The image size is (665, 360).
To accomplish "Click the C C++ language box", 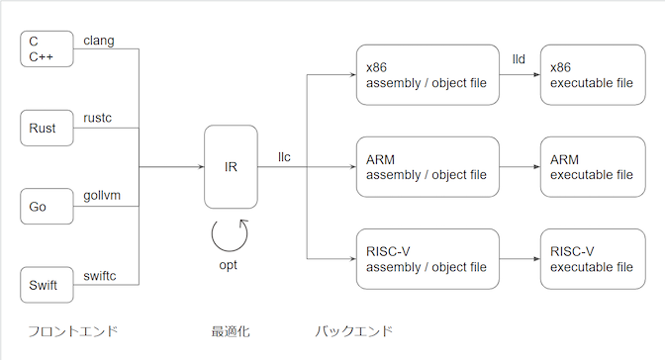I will click(x=48, y=48).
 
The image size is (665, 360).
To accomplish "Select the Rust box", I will click(x=48, y=128).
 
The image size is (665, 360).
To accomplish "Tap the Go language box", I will click(x=48, y=207).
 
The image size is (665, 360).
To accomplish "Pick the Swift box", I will click(x=48, y=285).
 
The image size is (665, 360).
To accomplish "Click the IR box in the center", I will click(x=231, y=166).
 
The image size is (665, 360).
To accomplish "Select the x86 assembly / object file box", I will click(x=427, y=75).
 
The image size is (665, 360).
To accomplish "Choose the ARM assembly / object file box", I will click(x=427, y=166).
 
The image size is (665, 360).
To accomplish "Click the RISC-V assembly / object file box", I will click(x=427, y=258).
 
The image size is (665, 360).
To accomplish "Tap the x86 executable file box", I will click(x=593, y=75).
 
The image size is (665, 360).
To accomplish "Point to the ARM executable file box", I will click(x=593, y=166).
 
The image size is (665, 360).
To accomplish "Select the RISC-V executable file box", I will click(x=593, y=258).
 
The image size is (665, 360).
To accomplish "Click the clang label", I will click(x=100, y=40).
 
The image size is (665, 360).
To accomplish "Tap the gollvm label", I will click(x=102, y=197).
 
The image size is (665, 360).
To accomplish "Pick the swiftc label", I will click(x=101, y=276).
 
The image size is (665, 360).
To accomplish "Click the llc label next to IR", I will click(x=285, y=156).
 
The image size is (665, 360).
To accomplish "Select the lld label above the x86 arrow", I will click(x=519, y=60).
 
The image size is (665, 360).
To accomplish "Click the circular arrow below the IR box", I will click(x=231, y=234).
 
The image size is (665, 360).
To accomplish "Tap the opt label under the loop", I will click(x=229, y=266).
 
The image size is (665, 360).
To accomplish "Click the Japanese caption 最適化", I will click(x=231, y=330).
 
